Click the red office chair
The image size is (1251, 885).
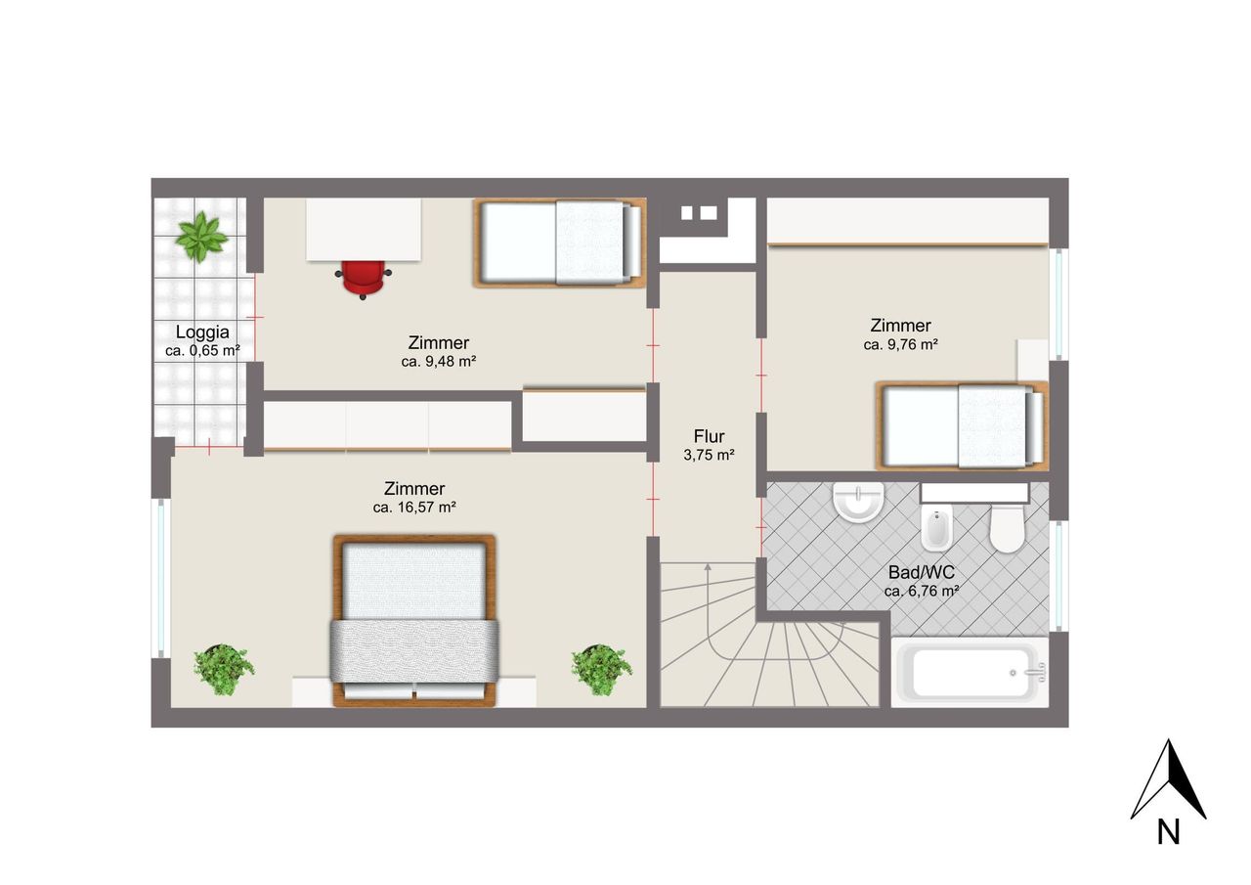click(x=363, y=280)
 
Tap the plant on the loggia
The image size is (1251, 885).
click(x=200, y=237)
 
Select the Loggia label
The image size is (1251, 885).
click(x=202, y=332)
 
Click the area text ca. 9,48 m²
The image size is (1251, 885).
click(x=439, y=362)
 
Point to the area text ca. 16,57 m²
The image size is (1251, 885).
click(x=414, y=508)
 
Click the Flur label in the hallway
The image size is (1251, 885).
click(x=709, y=436)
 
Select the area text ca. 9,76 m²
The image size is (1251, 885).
click(x=900, y=345)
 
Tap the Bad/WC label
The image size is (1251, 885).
click(x=922, y=572)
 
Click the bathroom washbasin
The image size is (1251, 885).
click(x=858, y=501)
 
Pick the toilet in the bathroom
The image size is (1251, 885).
click(x=1007, y=528)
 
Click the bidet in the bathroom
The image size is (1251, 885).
click(x=936, y=527)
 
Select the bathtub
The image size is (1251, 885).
click(x=970, y=673)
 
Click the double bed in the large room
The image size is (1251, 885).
click(x=414, y=620)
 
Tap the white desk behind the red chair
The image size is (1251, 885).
click(x=364, y=230)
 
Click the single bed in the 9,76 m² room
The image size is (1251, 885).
click(x=962, y=425)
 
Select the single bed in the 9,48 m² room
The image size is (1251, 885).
click(x=560, y=243)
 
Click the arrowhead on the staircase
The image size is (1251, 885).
click(x=708, y=567)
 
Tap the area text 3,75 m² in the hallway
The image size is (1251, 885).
click(x=709, y=455)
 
